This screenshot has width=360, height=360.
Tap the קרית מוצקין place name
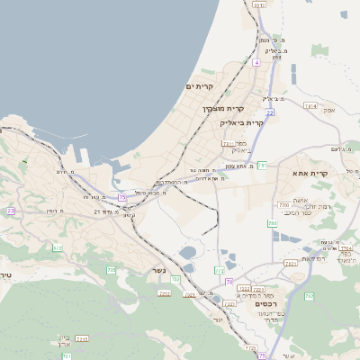coord(222,109)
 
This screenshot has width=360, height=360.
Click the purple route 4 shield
coord(256,63)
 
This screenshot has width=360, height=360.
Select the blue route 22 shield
coord(269,112)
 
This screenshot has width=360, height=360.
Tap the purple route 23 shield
coord(11,211)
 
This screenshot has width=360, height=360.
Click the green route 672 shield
coord(58,247)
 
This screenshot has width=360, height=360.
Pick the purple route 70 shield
coord(229,282)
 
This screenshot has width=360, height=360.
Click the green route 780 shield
coord(175,280)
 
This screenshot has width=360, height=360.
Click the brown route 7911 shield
coord(228,143)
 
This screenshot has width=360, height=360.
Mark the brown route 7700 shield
coord(284,205)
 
